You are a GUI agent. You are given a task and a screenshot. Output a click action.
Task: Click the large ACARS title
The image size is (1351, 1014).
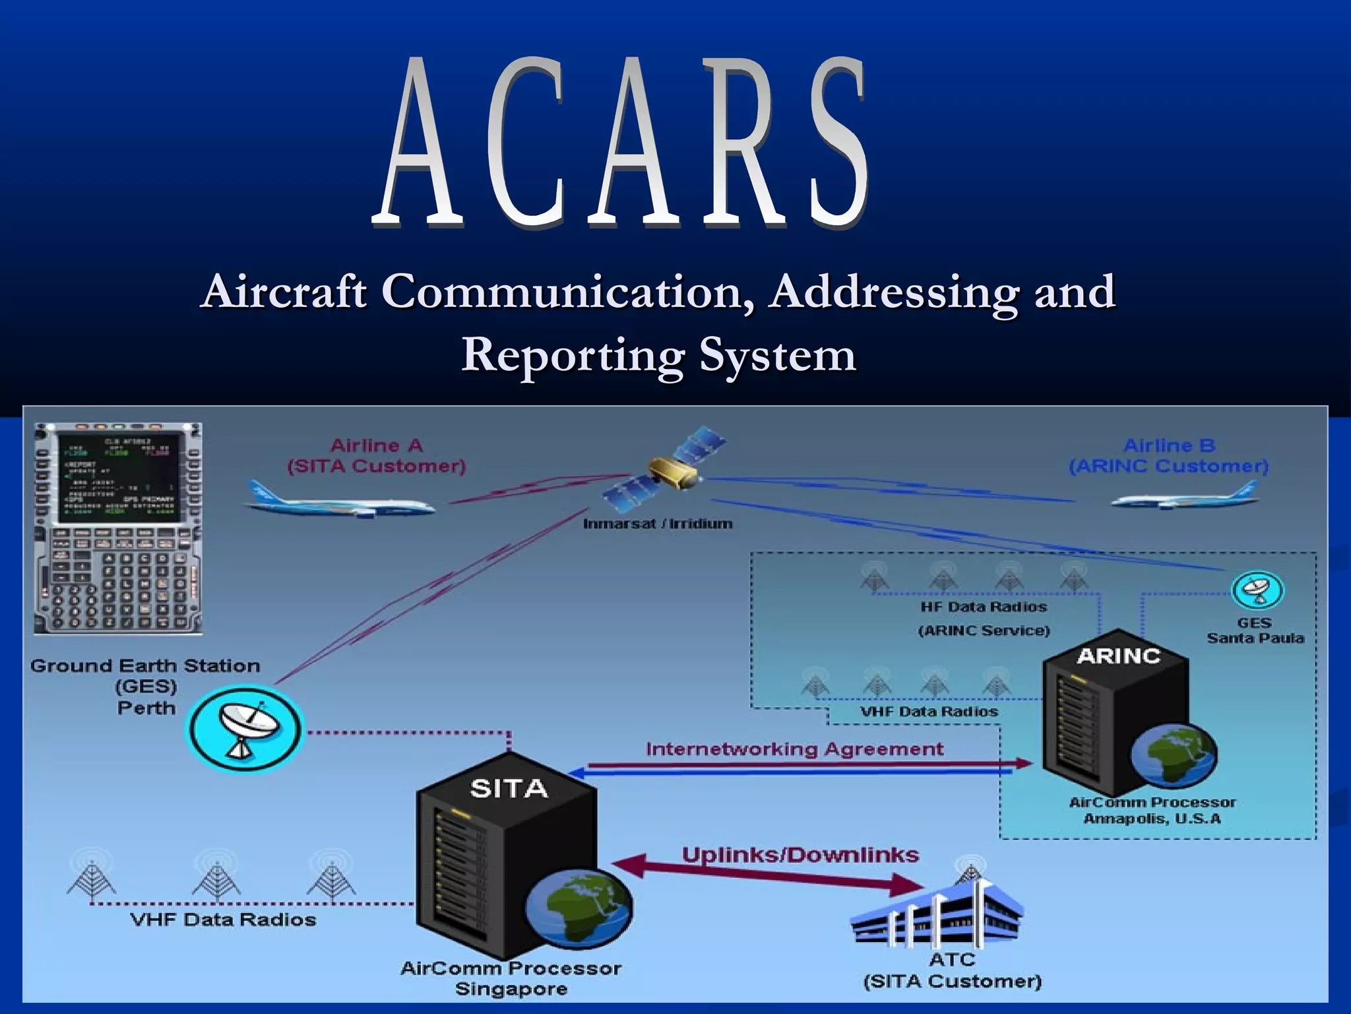pyautogui.click(x=620, y=142)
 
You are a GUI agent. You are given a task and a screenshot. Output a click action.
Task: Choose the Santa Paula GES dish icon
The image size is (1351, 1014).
pyautogui.click(x=1257, y=590)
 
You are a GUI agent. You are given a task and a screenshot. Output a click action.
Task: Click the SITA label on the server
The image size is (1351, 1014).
pyautogui.click(x=509, y=788)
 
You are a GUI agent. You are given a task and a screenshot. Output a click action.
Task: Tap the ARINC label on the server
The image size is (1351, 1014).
pyautogui.click(x=1118, y=656)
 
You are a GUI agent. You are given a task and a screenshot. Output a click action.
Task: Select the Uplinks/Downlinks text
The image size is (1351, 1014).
pyautogui.click(x=800, y=855)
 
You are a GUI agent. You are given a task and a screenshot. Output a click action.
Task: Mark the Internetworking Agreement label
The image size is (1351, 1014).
pyautogui.click(x=794, y=749)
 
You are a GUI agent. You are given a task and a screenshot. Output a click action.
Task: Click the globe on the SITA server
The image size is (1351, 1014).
pyautogui.click(x=580, y=907)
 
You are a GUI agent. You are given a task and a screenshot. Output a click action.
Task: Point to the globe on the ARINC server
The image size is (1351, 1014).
pyautogui.click(x=1174, y=756)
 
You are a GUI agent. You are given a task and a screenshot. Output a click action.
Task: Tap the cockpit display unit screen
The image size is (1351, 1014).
pyautogui.click(x=117, y=477)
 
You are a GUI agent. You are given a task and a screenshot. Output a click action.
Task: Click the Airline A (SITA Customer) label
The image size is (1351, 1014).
pyautogui.click(x=377, y=456)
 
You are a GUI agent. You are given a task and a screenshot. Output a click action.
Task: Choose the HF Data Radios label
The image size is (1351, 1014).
pyautogui.click(x=984, y=607)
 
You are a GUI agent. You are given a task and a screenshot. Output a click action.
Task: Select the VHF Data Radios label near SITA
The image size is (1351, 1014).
pyautogui.click(x=223, y=919)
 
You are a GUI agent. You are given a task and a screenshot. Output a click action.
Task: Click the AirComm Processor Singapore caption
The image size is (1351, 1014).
pyautogui.click(x=511, y=978)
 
